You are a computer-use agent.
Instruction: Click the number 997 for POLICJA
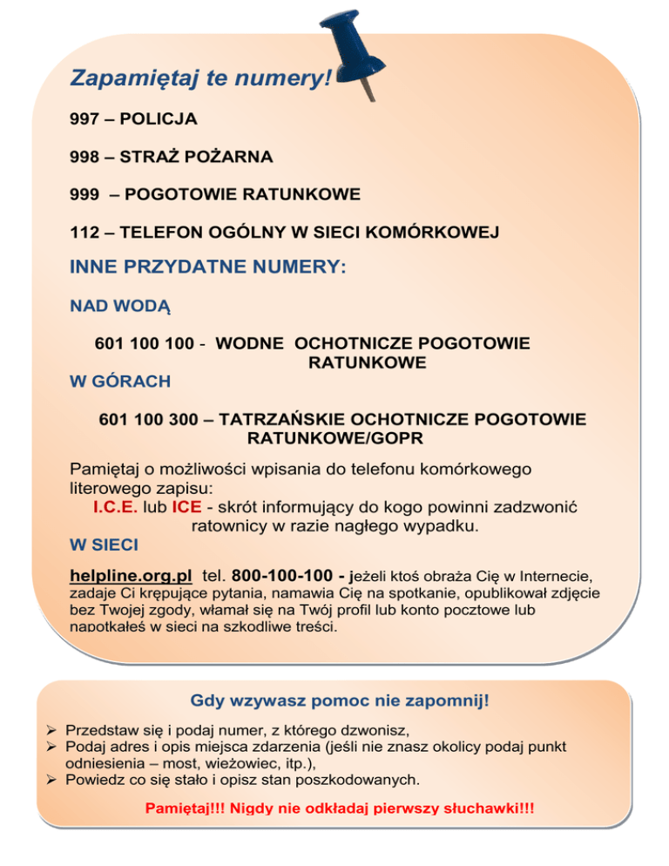click(84, 118)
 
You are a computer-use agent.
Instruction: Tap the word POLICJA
click(159, 118)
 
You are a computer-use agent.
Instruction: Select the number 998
click(84, 157)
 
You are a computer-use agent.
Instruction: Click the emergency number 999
click(84, 194)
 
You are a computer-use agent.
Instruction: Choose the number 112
click(84, 233)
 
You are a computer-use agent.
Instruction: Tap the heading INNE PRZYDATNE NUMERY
click(207, 267)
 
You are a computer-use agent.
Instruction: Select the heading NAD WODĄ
click(119, 307)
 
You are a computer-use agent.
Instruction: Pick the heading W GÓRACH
click(119, 382)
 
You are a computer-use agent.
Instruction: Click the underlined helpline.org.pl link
click(131, 576)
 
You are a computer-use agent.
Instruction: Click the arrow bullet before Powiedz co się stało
click(52, 780)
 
